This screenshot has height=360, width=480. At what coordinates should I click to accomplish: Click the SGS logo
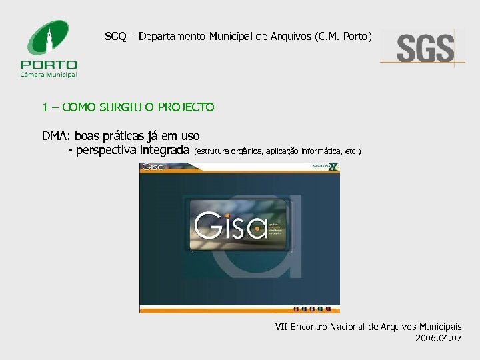tap(425, 49)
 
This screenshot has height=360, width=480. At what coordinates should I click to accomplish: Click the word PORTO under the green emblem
tap(49, 65)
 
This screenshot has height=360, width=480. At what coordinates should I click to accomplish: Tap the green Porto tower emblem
tap(49, 39)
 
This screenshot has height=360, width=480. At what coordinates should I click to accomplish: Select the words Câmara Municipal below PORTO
tap(49, 75)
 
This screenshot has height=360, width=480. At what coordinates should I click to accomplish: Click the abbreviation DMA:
tap(56, 136)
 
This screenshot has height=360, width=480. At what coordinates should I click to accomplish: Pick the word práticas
tap(123, 136)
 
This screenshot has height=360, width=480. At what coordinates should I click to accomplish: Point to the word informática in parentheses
tap(323, 151)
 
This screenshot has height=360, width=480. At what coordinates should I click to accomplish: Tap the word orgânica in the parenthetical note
tap(245, 151)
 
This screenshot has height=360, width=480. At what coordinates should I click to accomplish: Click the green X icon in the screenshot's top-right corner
tap(334, 167)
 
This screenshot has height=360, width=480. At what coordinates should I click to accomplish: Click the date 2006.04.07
tap(437, 338)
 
